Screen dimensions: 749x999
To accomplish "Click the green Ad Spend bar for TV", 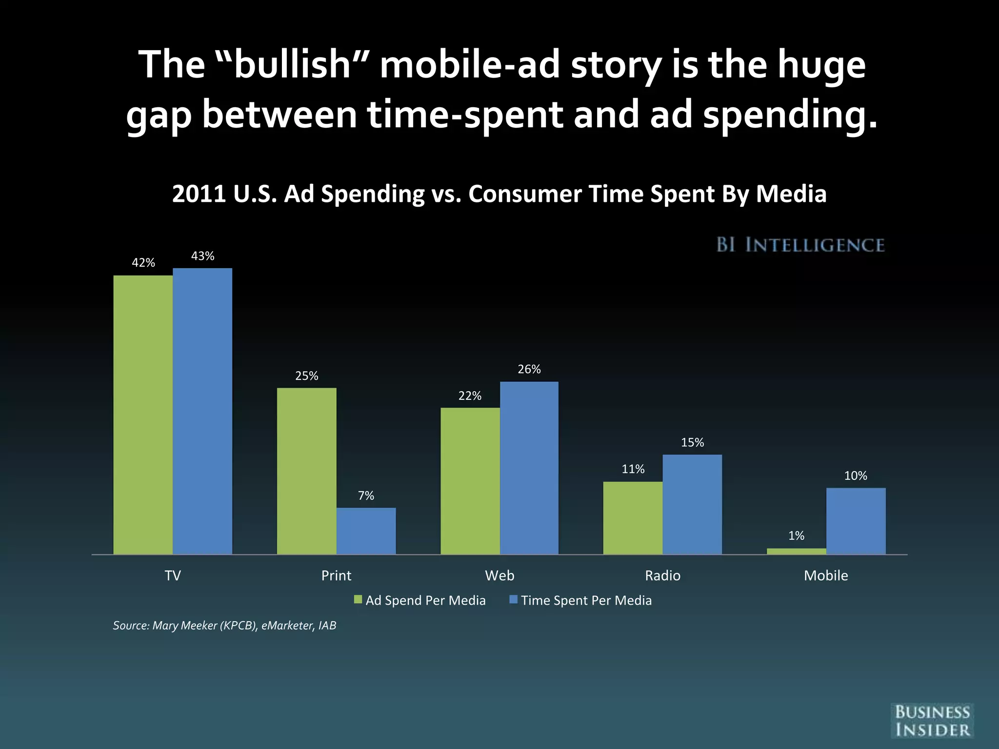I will pos(143,414).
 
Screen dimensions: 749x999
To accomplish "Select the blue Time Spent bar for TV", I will pos(202,411).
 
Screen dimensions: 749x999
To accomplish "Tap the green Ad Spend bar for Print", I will pos(306,471).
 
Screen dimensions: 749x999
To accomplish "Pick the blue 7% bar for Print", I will pos(366,531).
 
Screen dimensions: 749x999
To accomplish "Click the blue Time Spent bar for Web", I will pos(529,468).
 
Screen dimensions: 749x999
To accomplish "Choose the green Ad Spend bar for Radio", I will pos(633,518).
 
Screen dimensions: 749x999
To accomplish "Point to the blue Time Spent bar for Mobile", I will pos(856,521).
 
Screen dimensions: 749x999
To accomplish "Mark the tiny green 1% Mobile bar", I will pos(796,552).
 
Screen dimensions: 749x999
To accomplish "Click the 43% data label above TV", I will pos(203,256).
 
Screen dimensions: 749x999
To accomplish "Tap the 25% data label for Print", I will pos(307,376).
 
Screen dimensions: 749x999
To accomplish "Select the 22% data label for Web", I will pos(470,396).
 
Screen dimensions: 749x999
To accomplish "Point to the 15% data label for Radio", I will pos(693,443).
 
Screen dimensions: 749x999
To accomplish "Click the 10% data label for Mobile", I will pos(856,476).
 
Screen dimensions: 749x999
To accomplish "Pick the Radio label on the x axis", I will pos(662,576).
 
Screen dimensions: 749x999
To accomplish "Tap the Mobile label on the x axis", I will pos(826,576).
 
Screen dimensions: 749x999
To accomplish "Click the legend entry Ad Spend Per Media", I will pos(420,600).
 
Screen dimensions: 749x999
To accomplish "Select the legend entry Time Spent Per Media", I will pos(580,600).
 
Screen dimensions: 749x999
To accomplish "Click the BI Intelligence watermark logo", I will pos(800,245).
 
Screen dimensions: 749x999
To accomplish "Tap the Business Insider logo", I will pos(932,721).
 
